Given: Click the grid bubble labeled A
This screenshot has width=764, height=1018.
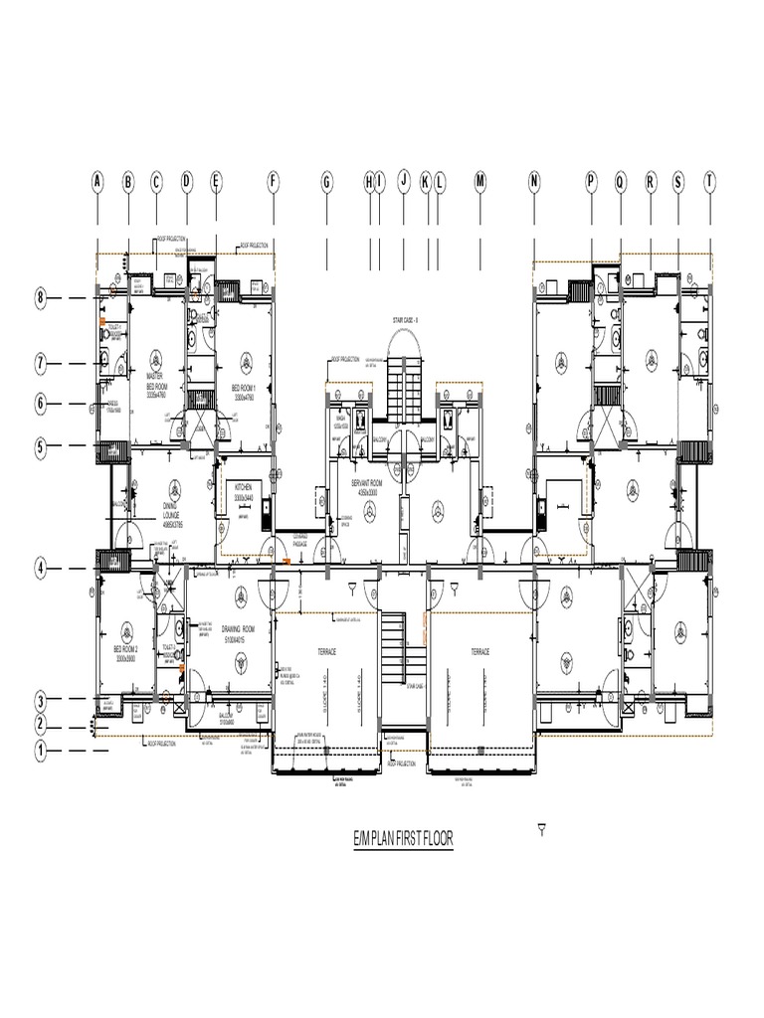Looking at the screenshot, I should click(x=97, y=181).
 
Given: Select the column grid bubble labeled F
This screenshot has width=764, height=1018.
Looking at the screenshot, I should click(x=274, y=181).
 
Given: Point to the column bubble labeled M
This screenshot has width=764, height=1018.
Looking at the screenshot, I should click(x=479, y=181).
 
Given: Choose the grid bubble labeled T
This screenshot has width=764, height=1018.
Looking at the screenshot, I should click(x=709, y=181).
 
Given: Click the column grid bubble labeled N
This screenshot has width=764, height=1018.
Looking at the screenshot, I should click(x=534, y=181).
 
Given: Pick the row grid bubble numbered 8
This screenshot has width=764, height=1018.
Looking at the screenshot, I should click(x=41, y=297).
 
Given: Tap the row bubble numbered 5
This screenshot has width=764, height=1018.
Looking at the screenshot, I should click(x=41, y=447).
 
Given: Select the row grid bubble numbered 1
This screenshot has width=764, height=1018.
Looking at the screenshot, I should click(x=41, y=751).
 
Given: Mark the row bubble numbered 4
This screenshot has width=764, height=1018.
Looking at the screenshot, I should click(x=41, y=569).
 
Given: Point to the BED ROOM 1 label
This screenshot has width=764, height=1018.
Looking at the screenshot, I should click(x=245, y=392).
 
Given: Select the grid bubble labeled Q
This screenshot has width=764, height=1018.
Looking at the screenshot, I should click(x=621, y=181).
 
